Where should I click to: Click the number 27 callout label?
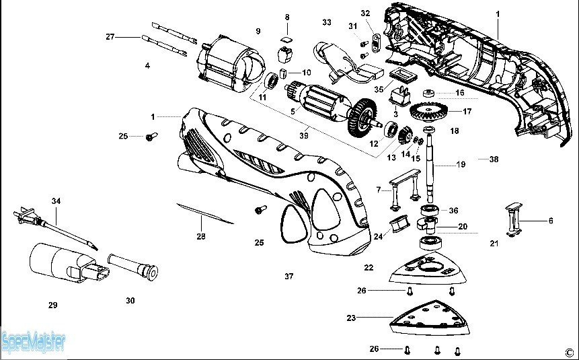coord(110,36)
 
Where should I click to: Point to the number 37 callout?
coord(289,276)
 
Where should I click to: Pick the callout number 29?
coord(52,305)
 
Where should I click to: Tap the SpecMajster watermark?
coord(34,343)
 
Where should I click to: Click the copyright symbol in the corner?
coord(568,351)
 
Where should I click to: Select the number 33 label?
coord(327,22)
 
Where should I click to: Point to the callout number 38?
coord(494,160)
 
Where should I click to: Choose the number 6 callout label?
coord(551,220)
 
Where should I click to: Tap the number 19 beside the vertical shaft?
coord(461,164)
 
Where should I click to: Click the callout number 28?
coord(201,236)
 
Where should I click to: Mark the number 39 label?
coord(304,135)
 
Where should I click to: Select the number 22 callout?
coord(369,267)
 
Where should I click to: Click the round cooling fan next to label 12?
coord(364,114)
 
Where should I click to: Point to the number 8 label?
coord(287,16)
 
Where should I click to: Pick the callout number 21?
coord(494,243)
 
